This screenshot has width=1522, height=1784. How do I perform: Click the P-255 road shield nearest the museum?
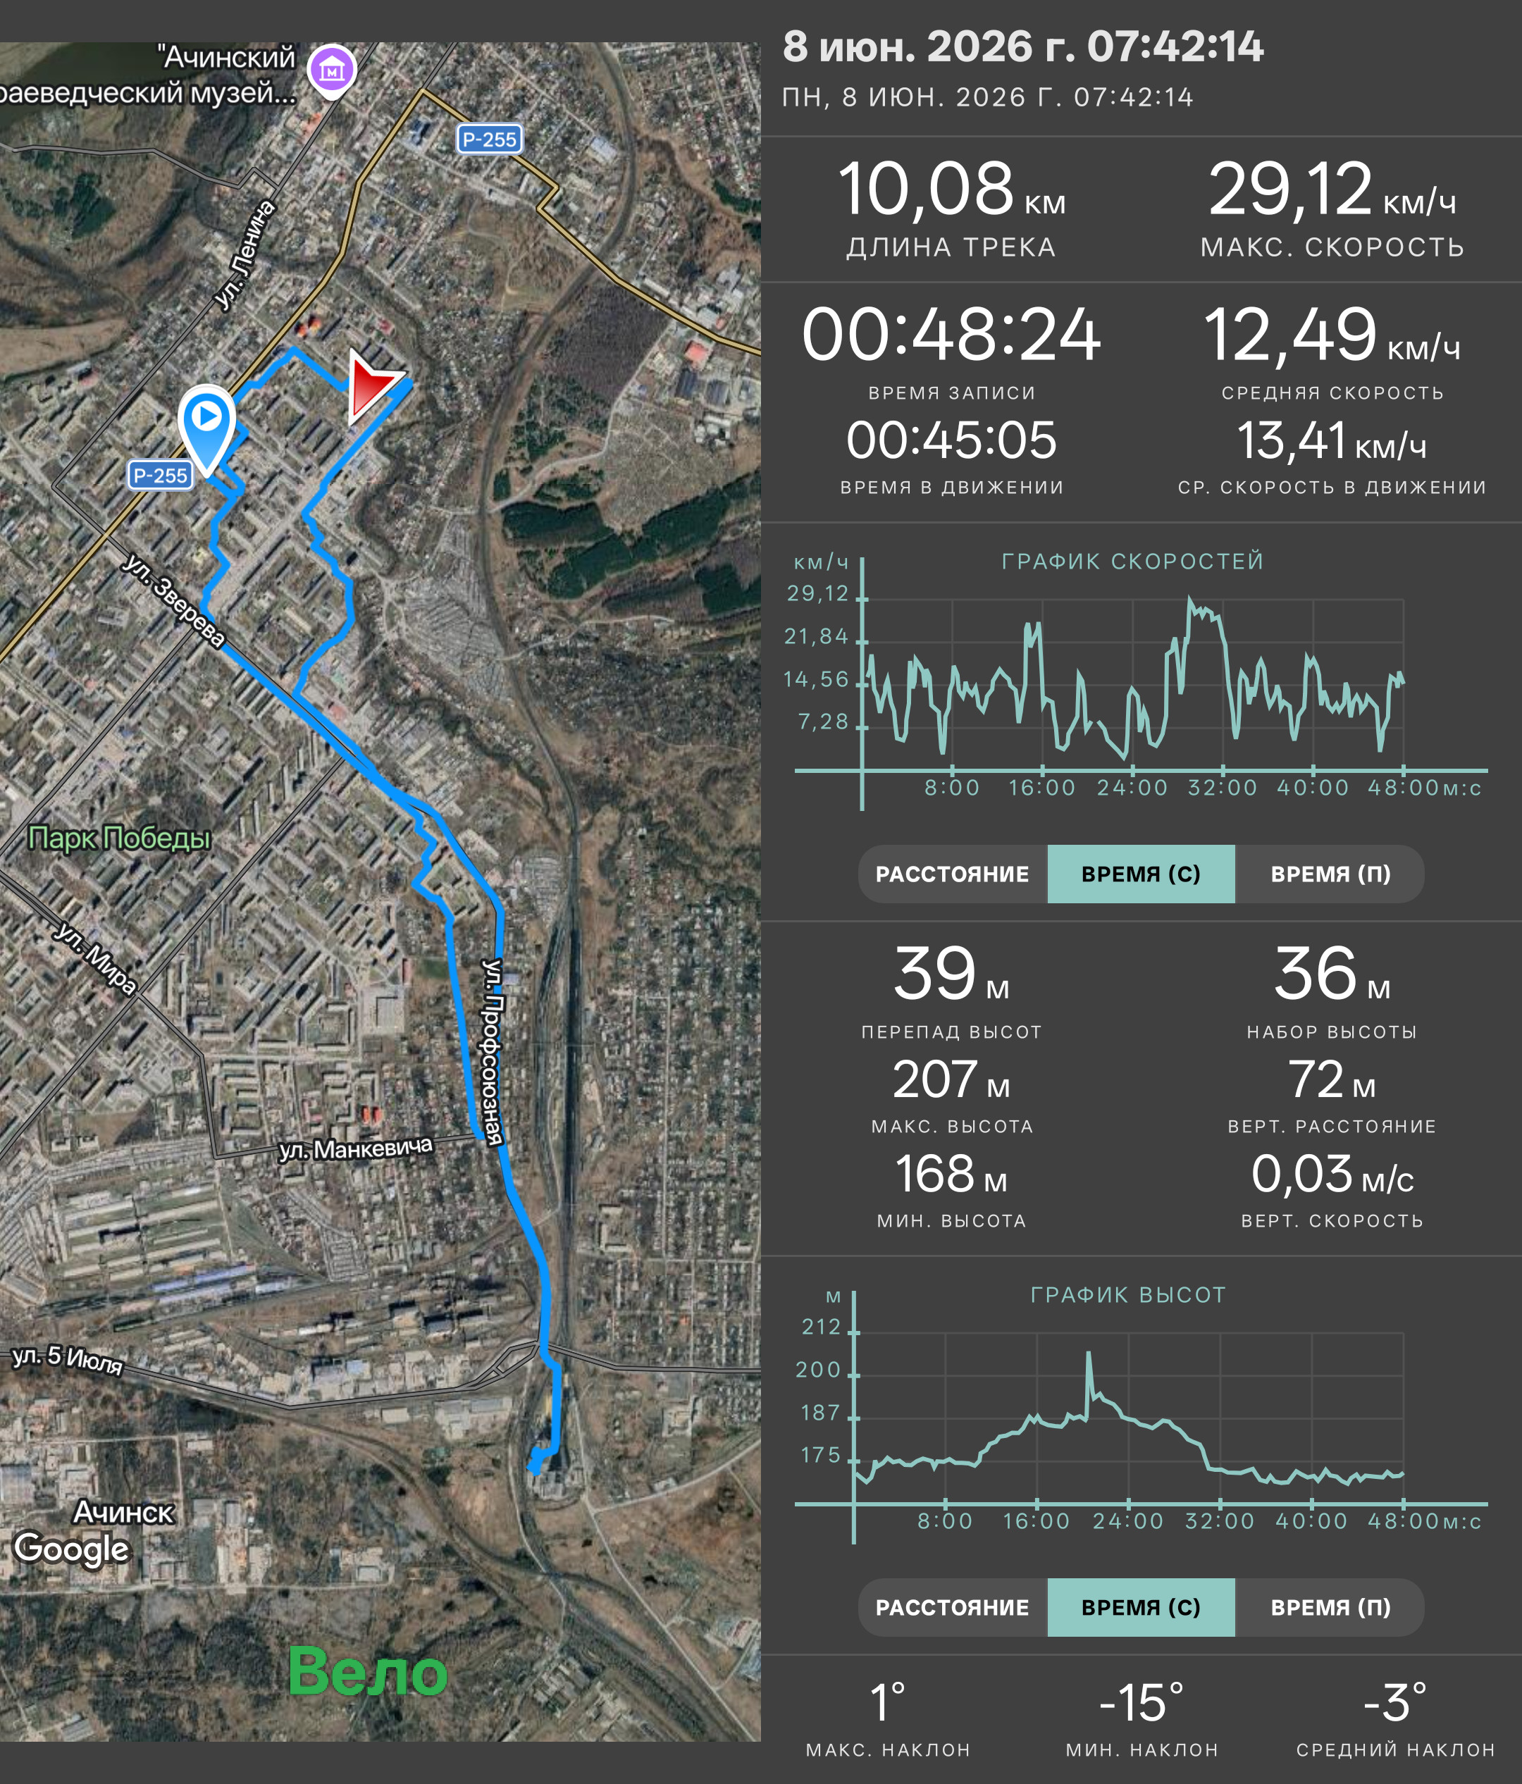click(x=489, y=140)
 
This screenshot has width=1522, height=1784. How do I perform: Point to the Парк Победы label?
click(x=120, y=838)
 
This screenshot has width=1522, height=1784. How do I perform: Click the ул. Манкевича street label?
click(x=356, y=1148)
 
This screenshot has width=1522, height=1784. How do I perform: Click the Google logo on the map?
click(x=71, y=1549)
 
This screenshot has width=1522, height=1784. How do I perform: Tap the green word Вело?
click(x=368, y=1672)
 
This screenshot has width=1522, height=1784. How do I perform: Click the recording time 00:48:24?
click(x=951, y=334)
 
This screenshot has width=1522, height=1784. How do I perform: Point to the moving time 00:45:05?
click(x=951, y=440)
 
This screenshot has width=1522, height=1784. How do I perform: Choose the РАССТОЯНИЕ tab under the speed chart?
click(x=952, y=874)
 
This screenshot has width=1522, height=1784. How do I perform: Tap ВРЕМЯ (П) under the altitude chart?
click(x=1330, y=1607)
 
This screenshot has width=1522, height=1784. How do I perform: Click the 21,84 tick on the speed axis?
click(x=816, y=636)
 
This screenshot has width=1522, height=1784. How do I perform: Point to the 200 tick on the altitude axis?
click(x=818, y=1370)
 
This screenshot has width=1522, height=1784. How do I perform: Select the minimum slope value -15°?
click(x=1141, y=1703)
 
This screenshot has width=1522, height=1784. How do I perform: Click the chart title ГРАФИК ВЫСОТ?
click(x=1127, y=1295)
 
